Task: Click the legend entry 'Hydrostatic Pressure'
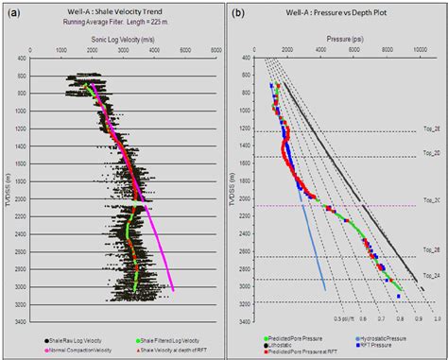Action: (379, 334)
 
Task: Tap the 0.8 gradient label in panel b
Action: (401, 319)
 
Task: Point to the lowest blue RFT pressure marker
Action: (398, 296)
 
